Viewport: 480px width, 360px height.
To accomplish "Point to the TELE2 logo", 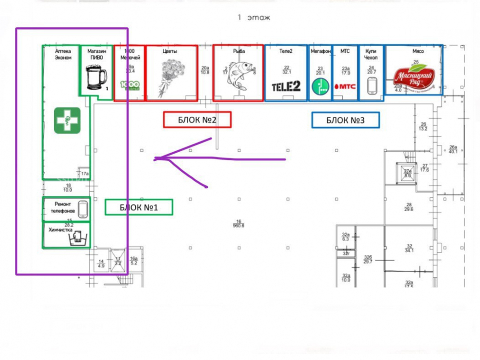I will (x=286, y=86).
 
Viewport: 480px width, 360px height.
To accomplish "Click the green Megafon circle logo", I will (x=319, y=86).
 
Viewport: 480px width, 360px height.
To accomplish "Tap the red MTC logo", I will (x=344, y=86).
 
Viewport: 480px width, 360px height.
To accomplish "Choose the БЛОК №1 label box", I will (x=139, y=207).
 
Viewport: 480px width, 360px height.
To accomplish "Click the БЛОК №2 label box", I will (x=197, y=120).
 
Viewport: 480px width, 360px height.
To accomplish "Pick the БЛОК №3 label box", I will (x=346, y=120).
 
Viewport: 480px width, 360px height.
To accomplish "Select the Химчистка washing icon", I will (x=77, y=237).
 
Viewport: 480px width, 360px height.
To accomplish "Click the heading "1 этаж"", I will (x=254, y=18).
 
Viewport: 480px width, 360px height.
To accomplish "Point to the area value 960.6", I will (x=239, y=225).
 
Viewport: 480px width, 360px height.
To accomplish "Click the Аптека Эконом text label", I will (x=63, y=54).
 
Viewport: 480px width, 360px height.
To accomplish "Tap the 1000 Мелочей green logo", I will (x=129, y=86).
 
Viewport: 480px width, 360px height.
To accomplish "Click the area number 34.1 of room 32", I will (x=409, y=250).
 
